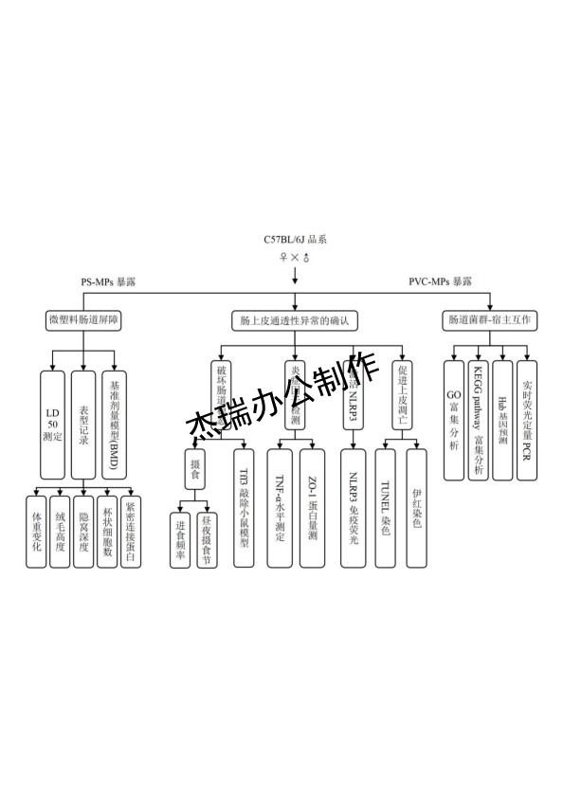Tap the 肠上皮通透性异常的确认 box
click(x=295, y=321)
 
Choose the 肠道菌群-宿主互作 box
click(x=491, y=320)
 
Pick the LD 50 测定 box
click(x=53, y=424)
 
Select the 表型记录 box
click(x=84, y=424)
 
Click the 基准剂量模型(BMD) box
click(x=116, y=424)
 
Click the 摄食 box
click(x=195, y=468)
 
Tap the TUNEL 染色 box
click(x=384, y=507)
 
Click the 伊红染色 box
click(x=416, y=507)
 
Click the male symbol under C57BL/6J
click(x=307, y=258)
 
